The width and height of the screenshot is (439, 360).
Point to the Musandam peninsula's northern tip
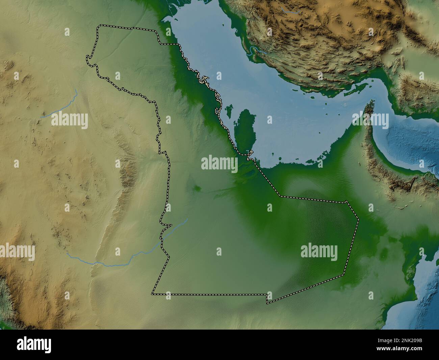[x=371, y=102]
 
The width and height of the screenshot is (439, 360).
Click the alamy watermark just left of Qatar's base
[x=219, y=163]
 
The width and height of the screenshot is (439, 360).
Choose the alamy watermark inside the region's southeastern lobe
[x=319, y=252]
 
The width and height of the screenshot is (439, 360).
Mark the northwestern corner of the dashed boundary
[x=99, y=26]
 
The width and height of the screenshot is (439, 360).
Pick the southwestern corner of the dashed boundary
[x=153, y=293]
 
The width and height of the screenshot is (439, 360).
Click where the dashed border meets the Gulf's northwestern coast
[x=179, y=44]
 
